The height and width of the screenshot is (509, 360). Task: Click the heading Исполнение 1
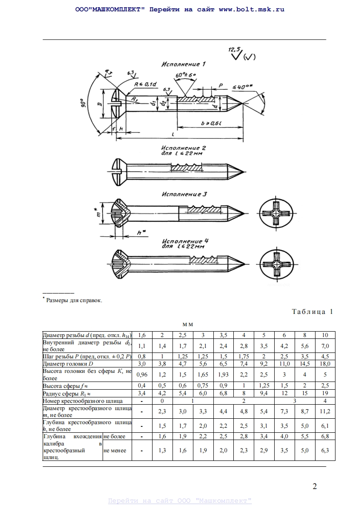(183, 64)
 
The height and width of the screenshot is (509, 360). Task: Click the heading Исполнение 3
(184, 194)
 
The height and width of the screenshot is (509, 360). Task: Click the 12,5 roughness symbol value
(235, 49)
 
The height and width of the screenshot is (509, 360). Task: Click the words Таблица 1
(312, 312)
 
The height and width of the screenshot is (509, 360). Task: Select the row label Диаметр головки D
(68, 364)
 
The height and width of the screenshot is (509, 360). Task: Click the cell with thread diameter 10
(325, 335)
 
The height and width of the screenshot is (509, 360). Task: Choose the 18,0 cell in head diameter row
(325, 364)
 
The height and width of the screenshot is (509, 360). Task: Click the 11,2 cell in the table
(325, 411)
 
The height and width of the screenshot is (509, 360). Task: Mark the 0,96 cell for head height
(143, 374)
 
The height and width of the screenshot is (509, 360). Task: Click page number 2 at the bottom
(315, 487)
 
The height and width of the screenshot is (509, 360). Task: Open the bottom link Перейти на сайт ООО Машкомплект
(180, 501)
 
